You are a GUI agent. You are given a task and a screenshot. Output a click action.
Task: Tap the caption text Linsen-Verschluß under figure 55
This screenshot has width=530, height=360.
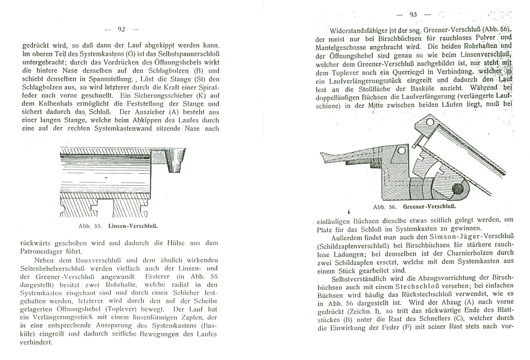133,226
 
